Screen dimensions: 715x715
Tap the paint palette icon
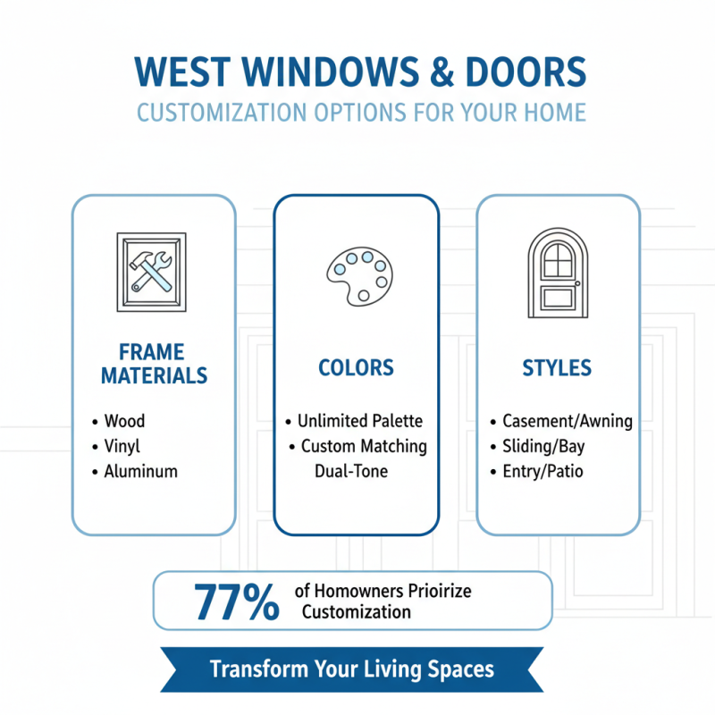point(357,273)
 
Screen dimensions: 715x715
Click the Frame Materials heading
point(154,363)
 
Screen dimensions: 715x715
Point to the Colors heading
point(356,368)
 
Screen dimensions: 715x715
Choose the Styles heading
point(558,368)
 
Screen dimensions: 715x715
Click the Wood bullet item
point(124,421)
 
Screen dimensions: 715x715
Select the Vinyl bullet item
point(122,446)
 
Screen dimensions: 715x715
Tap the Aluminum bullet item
point(140,471)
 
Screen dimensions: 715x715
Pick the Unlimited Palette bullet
point(359,421)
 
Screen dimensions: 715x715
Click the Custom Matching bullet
point(364,446)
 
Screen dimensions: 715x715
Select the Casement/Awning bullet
point(567,421)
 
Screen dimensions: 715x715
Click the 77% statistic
point(235,601)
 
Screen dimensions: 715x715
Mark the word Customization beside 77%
point(357,612)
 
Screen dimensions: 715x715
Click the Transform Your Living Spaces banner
point(351,669)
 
